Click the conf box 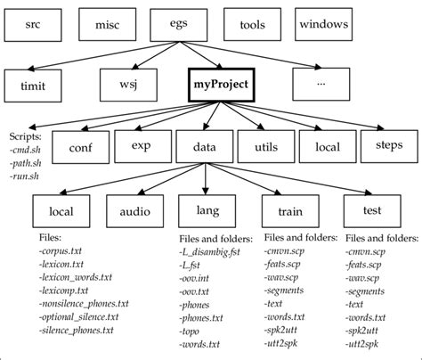pyautogui.click(x=81, y=147)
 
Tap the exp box pyautogui.click(x=142, y=145)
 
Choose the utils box pyautogui.click(x=265, y=147)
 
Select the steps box pyautogui.click(x=389, y=145)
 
